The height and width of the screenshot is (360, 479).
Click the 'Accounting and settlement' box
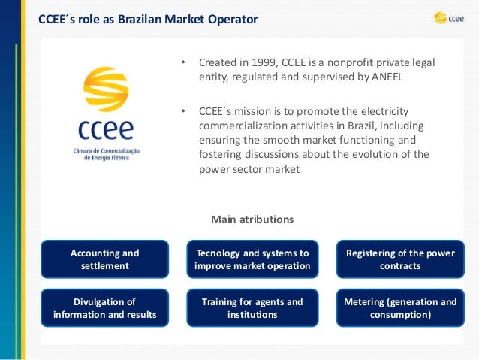click(x=104, y=259)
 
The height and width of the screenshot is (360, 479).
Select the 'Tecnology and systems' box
click(x=252, y=259)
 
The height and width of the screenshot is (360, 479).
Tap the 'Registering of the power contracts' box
click(x=399, y=259)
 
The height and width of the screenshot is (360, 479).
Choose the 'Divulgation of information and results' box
click(x=104, y=308)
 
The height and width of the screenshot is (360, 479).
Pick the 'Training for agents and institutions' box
click(x=252, y=308)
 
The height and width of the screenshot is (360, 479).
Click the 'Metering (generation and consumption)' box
click(x=399, y=308)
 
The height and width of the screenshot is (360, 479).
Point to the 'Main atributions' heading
click(x=252, y=219)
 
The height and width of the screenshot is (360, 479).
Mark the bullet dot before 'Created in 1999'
click(x=182, y=62)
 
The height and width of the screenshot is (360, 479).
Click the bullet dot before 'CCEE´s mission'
click(x=182, y=111)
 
